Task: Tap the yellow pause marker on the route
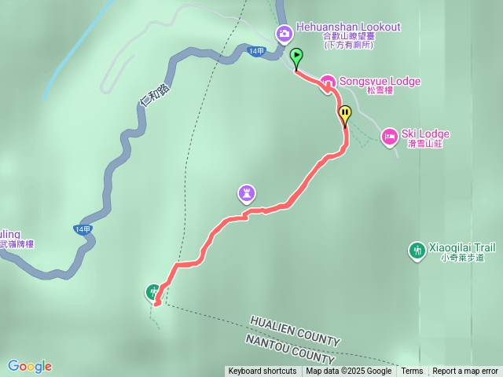(x=344, y=115)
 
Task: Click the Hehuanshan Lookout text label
(x=348, y=27)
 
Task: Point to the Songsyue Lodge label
(x=380, y=82)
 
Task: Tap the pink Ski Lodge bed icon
(x=389, y=137)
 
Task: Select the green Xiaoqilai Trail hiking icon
(x=417, y=251)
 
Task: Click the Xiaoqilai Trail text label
(x=462, y=247)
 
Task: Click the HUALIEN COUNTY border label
(x=296, y=331)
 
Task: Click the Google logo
(x=30, y=366)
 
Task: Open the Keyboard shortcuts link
(x=263, y=372)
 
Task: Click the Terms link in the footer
(x=412, y=372)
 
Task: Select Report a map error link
(x=465, y=372)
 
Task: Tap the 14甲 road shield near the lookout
(x=256, y=51)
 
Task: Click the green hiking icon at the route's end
(x=152, y=292)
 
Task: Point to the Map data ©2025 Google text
(x=348, y=372)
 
